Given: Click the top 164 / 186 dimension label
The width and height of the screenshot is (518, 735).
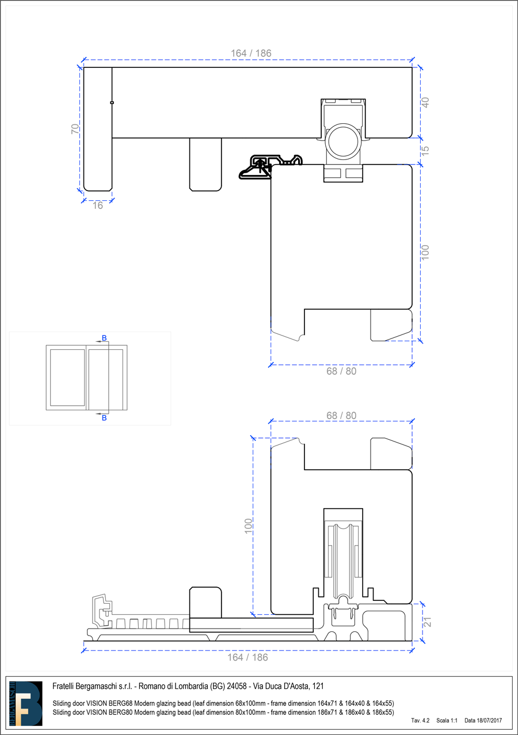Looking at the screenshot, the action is pyautogui.click(x=251, y=53).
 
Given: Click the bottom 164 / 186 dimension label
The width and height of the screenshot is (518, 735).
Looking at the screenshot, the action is pyautogui.click(x=247, y=657).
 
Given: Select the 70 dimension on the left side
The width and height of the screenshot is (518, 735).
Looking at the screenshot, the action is pyautogui.click(x=75, y=128).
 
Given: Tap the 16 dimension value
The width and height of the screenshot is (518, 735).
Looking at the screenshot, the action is pyautogui.click(x=98, y=205).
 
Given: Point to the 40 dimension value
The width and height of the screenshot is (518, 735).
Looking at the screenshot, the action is pyautogui.click(x=425, y=102).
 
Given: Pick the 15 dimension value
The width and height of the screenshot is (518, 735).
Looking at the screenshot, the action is pyautogui.click(x=425, y=151).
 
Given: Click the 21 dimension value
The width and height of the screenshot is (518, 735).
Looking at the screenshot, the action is pyautogui.click(x=427, y=622).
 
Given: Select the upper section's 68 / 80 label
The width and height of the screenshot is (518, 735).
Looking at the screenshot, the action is pyautogui.click(x=341, y=371).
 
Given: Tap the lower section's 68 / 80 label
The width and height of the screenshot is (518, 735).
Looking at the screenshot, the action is pyautogui.click(x=341, y=416).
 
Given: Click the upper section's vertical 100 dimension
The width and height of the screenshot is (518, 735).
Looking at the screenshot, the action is pyautogui.click(x=425, y=252).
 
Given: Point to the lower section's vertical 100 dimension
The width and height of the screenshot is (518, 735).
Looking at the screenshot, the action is pyautogui.click(x=248, y=526).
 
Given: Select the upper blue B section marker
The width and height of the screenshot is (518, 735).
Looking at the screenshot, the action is pyautogui.click(x=104, y=338).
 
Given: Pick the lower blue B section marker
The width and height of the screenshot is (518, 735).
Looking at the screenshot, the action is pyautogui.click(x=104, y=418).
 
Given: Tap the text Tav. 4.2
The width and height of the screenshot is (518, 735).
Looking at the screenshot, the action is pyautogui.click(x=420, y=721).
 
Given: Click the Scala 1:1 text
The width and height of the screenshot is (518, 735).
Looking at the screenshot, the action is pyautogui.click(x=447, y=721).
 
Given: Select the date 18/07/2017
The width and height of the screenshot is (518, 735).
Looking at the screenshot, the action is pyautogui.click(x=489, y=721).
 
